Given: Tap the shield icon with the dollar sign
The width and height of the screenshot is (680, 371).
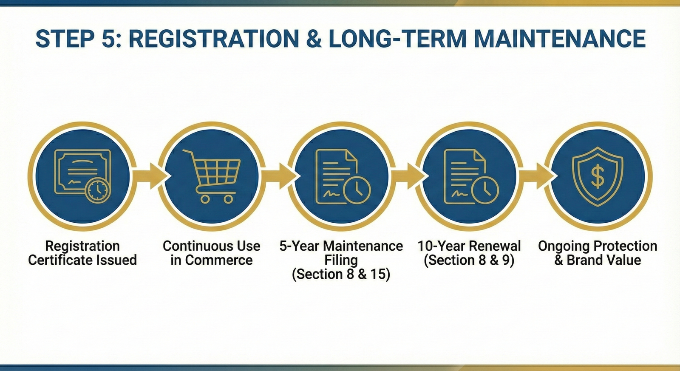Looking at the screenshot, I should (598, 176).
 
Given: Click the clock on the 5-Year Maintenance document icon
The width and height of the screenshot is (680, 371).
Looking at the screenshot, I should (357, 190).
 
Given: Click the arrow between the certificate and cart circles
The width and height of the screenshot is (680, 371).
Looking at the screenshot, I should (149, 176).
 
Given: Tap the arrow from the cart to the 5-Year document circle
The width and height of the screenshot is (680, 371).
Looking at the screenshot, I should (278, 176).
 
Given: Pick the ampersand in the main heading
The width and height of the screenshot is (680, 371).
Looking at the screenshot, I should (314, 39).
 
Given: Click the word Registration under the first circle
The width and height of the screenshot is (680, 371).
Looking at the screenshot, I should (82, 246).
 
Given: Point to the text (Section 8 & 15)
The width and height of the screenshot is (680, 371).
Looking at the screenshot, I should (341, 274).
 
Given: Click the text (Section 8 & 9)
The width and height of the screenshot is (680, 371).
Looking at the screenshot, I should (469, 260).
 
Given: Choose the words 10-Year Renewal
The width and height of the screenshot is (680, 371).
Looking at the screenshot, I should (469, 246).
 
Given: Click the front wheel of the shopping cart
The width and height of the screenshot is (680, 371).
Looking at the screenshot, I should (205, 199).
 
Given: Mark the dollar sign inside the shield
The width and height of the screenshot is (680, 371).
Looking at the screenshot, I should (598, 176).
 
